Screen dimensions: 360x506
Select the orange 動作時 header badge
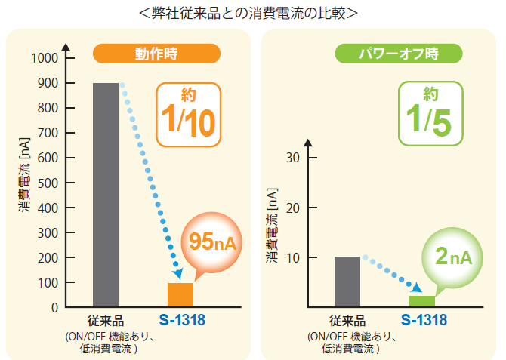[156, 54]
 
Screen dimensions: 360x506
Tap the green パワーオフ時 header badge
[398, 54]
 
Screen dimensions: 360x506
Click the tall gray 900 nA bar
[105, 195]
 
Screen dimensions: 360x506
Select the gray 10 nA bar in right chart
[347, 282]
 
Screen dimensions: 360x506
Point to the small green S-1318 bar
[422, 301]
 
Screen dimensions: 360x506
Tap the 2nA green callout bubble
[454, 257]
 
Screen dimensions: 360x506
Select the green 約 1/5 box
[429, 113]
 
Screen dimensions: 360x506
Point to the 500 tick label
[48, 183]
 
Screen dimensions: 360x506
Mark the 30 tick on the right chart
[294, 158]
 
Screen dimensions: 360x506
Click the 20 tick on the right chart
[294, 208]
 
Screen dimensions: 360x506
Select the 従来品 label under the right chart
[347, 321]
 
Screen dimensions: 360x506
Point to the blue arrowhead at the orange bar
[178, 274]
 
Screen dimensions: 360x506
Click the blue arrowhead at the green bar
[416, 288]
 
